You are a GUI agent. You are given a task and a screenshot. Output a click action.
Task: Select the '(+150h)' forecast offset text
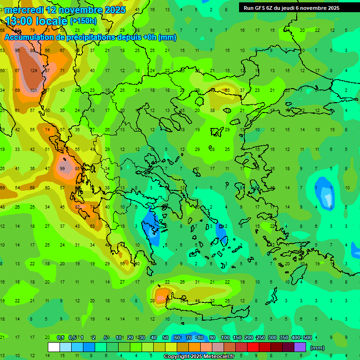point(83,21)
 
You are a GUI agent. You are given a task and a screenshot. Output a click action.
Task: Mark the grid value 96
point(17,51)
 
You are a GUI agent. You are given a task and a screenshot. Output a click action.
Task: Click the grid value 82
point(77,207)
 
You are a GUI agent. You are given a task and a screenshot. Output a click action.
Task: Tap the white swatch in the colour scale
point(54,347)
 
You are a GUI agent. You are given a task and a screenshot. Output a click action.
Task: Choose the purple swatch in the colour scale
point(300,347)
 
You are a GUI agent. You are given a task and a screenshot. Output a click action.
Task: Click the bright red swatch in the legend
point(253,347)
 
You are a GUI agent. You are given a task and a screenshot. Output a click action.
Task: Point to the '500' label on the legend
point(307,337)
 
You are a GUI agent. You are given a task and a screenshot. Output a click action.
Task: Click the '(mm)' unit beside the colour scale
point(317,348)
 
